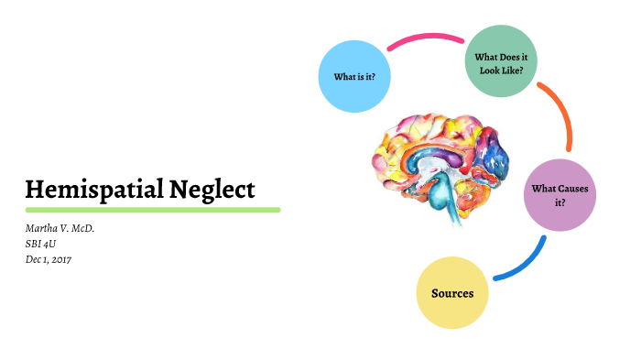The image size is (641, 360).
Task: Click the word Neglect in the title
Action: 212,190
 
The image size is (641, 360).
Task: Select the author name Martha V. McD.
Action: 60,228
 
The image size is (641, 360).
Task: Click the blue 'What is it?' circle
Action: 354,76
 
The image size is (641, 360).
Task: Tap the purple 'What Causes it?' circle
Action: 560,195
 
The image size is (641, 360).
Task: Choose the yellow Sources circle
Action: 452,293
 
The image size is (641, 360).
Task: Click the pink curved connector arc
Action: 426,39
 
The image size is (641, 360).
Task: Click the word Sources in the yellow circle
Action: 452,293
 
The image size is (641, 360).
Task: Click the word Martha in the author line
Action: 42,228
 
